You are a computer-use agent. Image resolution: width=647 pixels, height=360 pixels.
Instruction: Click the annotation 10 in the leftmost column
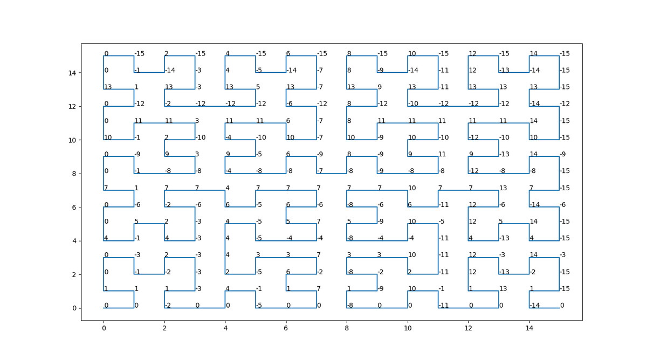coord(108,137)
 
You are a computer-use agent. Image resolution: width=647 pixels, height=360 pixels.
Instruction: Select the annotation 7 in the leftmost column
coord(106,188)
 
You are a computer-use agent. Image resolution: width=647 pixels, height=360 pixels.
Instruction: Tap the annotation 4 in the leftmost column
coord(106,238)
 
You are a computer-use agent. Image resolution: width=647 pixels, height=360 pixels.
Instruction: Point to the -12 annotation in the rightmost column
coord(565,103)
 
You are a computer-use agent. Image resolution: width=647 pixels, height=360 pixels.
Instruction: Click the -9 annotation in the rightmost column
coord(563,154)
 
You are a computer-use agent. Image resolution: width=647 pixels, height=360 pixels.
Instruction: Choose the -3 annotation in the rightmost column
coord(563,255)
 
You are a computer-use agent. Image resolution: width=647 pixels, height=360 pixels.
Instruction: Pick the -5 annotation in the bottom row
coord(259,306)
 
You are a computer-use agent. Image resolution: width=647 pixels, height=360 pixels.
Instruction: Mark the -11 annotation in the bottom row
coord(443,306)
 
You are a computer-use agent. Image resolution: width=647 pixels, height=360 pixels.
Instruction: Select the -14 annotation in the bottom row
coord(534,306)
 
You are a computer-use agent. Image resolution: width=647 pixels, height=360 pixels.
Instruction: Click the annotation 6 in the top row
coord(288,54)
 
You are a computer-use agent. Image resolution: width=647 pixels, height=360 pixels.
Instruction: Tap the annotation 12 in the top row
coord(472,54)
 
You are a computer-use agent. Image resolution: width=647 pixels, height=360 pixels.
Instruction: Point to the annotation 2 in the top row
coord(167,54)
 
